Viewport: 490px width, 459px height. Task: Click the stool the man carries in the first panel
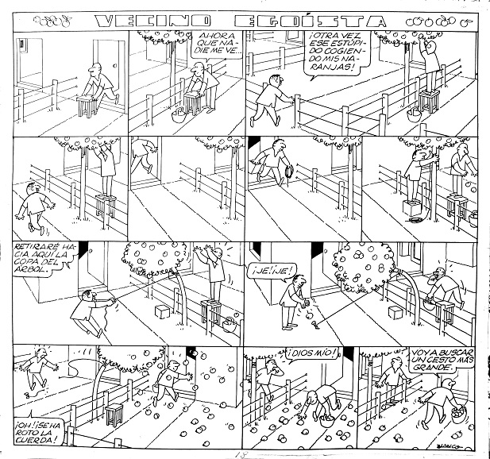pos(87,103)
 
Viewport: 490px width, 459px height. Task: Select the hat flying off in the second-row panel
pos(289,171)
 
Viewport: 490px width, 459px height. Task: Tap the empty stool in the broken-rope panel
pos(116,413)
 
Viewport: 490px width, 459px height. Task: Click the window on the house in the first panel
pos(29,51)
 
